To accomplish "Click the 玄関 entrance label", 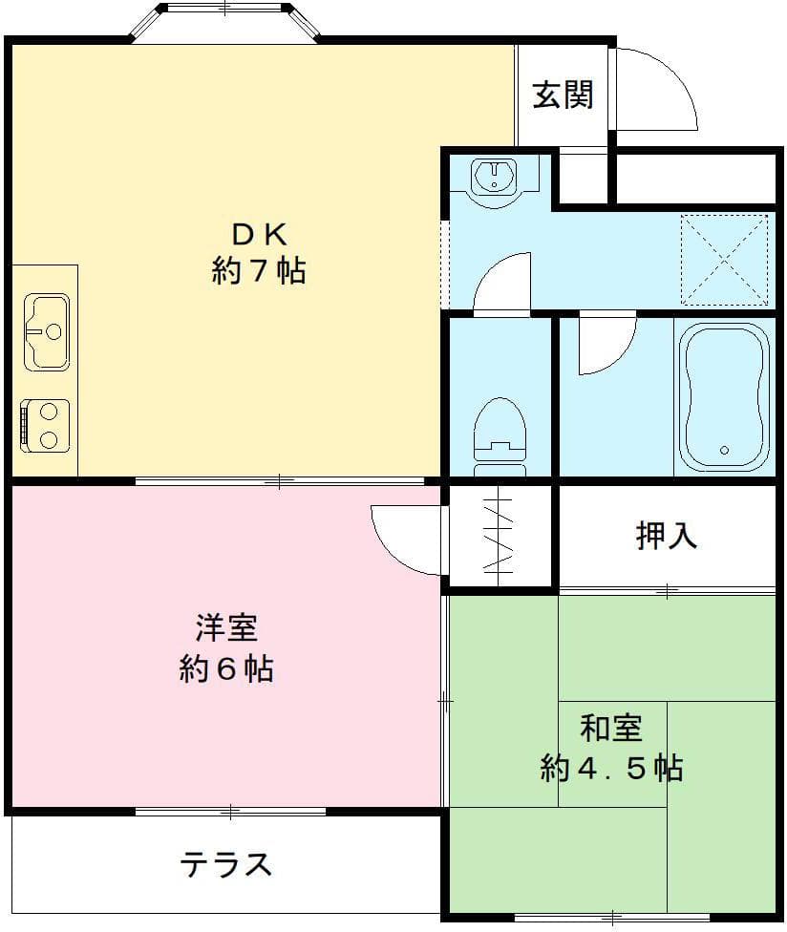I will [563, 95].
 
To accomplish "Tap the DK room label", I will [258, 234].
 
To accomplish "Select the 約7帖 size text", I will [258, 271].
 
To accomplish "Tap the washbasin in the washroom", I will [494, 177].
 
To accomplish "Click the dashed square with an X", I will [724, 259].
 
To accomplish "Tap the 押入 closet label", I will [667, 537].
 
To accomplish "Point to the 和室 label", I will [611, 728].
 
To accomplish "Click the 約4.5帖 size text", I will [611, 767].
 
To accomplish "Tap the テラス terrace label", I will [226, 864].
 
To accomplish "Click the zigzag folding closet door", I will [500, 537].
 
